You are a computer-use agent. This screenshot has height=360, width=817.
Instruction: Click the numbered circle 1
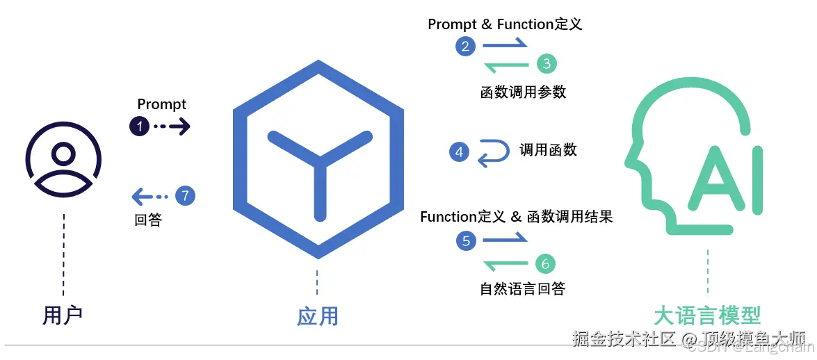click(140, 126)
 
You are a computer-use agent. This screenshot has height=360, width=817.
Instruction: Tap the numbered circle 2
click(465, 47)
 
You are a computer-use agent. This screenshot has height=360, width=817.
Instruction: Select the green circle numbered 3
click(547, 65)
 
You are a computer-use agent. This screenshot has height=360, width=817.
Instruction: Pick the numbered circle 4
click(459, 152)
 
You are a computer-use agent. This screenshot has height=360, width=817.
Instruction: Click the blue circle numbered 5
click(466, 241)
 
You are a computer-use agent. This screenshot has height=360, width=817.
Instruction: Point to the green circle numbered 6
click(546, 263)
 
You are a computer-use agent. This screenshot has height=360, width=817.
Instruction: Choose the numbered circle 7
click(185, 196)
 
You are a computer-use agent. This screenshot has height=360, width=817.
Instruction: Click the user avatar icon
click(64, 161)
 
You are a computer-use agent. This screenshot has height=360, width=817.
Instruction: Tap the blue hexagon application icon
click(318, 160)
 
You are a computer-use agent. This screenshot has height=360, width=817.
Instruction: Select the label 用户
click(63, 315)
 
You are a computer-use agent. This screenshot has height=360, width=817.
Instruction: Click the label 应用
click(318, 316)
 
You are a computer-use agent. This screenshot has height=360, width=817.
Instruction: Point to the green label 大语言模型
click(707, 315)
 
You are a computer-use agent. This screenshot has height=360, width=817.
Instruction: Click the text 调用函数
click(548, 150)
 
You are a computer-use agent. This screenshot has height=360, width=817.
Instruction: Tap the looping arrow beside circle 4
click(493, 153)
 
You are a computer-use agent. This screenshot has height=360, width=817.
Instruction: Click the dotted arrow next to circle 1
click(171, 126)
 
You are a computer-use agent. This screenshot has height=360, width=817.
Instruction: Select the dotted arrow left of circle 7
click(151, 196)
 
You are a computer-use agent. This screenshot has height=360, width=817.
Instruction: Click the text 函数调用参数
click(523, 92)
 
